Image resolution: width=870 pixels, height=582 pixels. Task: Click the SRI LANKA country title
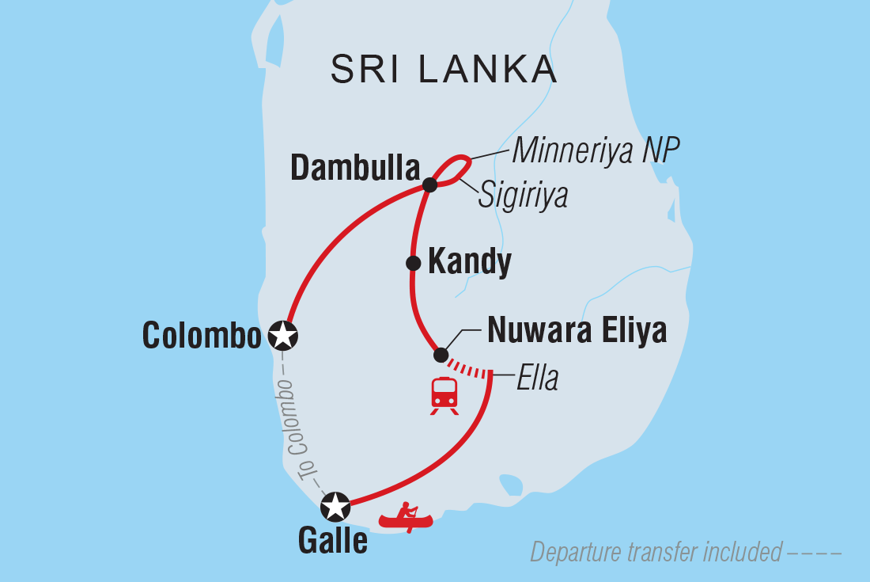(x=444, y=70)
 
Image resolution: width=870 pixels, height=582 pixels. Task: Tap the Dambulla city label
(x=355, y=168)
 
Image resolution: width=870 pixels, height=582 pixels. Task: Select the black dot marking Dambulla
(x=429, y=185)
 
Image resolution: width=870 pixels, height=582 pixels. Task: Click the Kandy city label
(x=469, y=262)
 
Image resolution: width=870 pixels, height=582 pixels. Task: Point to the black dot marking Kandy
(x=412, y=263)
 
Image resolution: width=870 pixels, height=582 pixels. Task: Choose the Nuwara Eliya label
(x=577, y=331)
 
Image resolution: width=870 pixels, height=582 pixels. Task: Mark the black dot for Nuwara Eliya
(x=441, y=355)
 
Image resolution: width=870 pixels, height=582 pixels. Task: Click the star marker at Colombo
(x=283, y=336)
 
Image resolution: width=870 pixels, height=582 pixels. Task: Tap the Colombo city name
(x=202, y=337)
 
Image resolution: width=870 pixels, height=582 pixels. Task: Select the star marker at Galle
(x=335, y=504)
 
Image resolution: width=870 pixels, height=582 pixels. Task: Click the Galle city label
(x=332, y=541)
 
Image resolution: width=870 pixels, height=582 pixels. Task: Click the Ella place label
(x=537, y=378)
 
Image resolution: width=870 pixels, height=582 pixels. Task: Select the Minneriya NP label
(x=596, y=150)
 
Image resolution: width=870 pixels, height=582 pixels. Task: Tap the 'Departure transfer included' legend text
(x=656, y=552)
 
